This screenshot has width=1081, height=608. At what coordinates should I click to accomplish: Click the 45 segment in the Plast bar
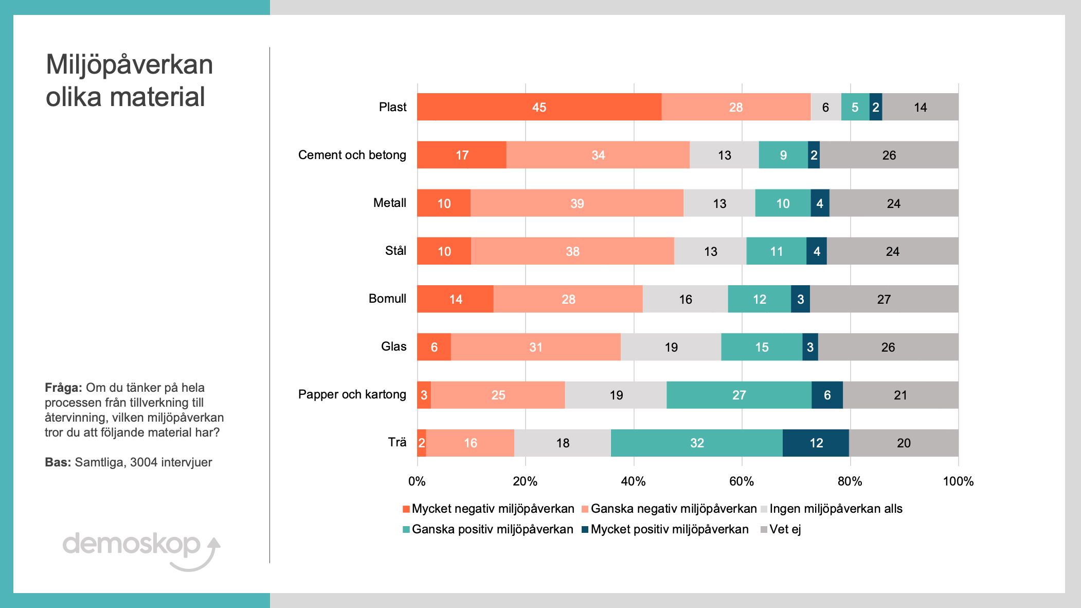pyautogui.click(x=539, y=107)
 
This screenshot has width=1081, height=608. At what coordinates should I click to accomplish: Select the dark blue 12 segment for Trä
pyautogui.click(x=816, y=443)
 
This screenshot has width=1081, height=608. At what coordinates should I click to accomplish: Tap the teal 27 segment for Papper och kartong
pyautogui.click(x=738, y=395)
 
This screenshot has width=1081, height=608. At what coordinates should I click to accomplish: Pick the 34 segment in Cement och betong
pyautogui.click(x=598, y=155)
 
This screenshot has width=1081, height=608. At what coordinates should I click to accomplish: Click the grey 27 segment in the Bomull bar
pyautogui.click(x=884, y=299)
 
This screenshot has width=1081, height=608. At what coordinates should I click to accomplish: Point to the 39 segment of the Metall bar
pyautogui.click(x=576, y=203)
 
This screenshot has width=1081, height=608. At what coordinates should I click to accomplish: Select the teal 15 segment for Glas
pyautogui.click(x=761, y=347)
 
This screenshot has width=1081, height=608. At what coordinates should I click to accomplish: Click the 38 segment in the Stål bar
pyautogui.click(x=572, y=251)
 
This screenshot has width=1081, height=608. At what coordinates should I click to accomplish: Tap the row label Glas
pyautogui.click(x=393, y=346)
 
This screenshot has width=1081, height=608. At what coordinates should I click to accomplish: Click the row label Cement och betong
pyautogui.click(x=352, y=155)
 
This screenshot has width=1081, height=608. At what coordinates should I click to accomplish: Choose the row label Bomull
pyautogui.click(x=387, y=299)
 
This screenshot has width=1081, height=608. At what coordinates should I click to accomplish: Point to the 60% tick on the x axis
pyautogui.click(x=742, y=481)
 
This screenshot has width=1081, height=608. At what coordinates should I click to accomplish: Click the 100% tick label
pyautogui.click(x=958, y=481)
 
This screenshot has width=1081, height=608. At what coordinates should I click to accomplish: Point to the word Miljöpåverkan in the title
pyautogui.click(x=129, y=65)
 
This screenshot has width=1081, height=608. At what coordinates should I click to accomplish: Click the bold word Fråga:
pyautogui.click(x=63, y=388)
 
